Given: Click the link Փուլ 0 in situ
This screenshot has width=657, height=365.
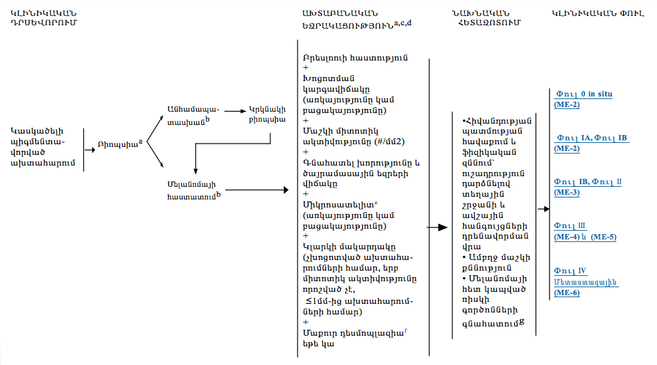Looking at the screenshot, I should pyautogui.click(x=583, y=94).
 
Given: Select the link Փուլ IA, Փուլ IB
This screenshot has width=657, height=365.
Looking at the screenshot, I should pyautogui.click(x=591, y=138).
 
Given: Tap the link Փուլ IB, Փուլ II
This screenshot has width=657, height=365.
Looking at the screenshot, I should pyautogui.click(x=588, y=182).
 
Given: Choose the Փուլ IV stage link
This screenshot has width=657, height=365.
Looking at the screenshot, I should pyautogui.click(x=570, y=271).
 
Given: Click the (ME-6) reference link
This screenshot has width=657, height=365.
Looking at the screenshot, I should pyautogui.click(x=567, y=292).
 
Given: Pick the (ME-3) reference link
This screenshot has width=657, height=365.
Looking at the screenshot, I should pyautogui.click(x=567, y=193).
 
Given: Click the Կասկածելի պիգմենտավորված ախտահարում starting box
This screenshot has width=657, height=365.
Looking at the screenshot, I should pyautogui.click(x=41, y=146).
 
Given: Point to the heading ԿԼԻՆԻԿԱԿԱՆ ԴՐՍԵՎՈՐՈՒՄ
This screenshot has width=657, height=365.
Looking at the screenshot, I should pyautogui.click(x=43, y=18).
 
